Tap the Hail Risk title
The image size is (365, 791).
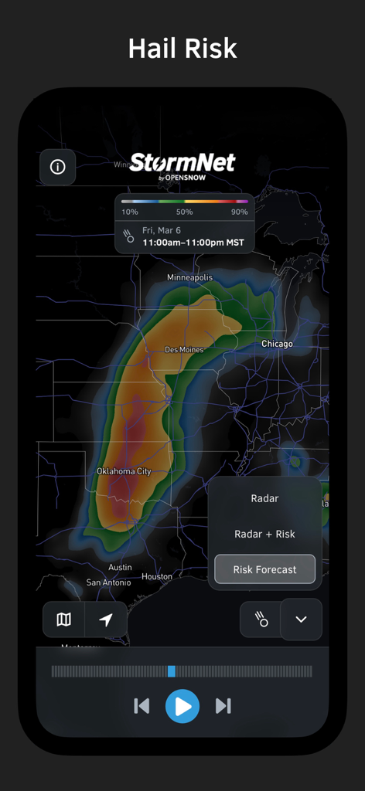(x=182, y=49)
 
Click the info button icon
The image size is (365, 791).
(x=57, y=167)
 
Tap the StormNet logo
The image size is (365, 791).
(x=182, y=164)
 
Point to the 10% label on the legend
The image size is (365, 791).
(x=130, y=212)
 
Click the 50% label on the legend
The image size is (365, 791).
(x=184, y=212)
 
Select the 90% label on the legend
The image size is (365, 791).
(x=239, y=212)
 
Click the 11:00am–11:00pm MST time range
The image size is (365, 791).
(x=193, y=243)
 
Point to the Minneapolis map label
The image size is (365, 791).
(x=189, y=277)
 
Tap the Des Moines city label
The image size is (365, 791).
(x=184, y=350)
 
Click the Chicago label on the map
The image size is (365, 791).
(x=277, y=344)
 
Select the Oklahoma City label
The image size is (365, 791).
(x=124, y=471)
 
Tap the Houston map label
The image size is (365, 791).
(x=157, y=576)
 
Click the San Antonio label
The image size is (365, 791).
(x=109, y=582)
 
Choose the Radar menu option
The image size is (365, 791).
(x=264, y=498)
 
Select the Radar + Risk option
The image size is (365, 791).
(x=264, y=534)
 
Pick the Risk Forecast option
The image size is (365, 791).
(x=264, y=569)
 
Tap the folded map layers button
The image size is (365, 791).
(x=64, y=620)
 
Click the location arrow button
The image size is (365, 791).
(x=106, y=620)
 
